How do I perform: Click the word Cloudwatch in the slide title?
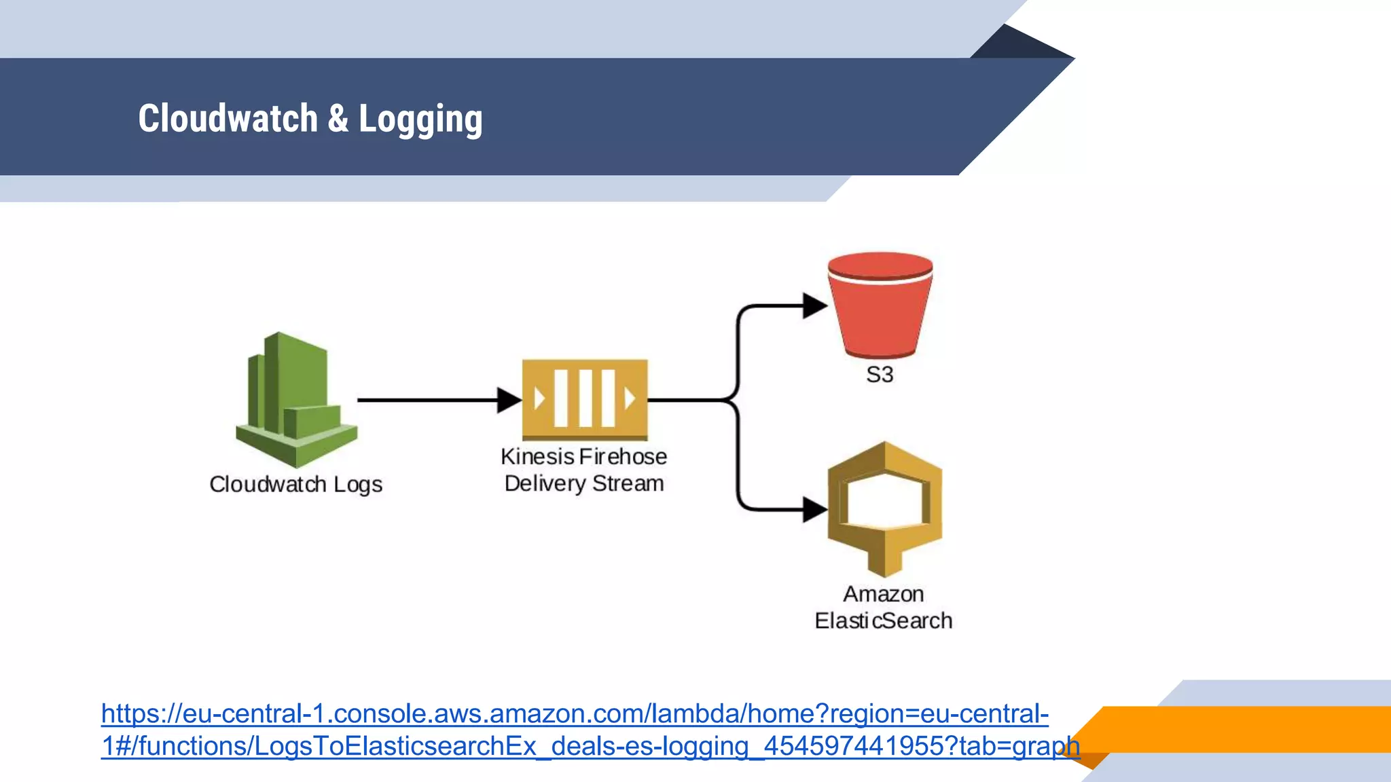(228, 119)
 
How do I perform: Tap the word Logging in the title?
(420, 120)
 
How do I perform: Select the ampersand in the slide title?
(338, 119)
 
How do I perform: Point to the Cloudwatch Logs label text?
(295, 485)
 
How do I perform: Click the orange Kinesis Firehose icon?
(585, 400)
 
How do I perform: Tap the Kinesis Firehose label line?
(583, 457)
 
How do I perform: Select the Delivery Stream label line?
(583, 484)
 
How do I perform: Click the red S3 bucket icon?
(880, 305)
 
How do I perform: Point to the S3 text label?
(880, 375)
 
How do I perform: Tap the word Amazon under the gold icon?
(883, 594)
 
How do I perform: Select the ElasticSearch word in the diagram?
(883, 621)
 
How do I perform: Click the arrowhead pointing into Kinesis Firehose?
(508, 401)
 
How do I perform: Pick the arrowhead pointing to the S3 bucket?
(814, 305)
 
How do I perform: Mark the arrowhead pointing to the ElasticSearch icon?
(814, 509)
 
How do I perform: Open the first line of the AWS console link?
(575, 714)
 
